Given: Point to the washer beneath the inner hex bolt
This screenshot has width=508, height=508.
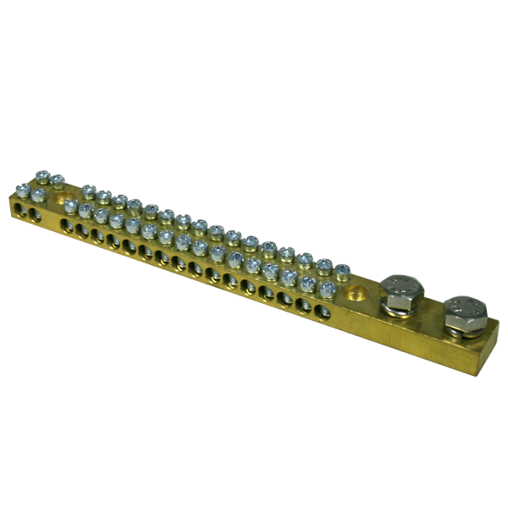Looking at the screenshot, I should coord(398,306).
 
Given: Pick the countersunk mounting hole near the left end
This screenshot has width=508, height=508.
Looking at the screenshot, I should coord(61,202).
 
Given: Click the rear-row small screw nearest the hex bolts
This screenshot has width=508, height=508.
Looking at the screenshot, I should coord(342,271).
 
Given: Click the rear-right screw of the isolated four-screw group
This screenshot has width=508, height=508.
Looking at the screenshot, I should coord(57,179).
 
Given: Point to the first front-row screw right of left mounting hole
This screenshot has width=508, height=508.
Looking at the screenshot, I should coord(70,206).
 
